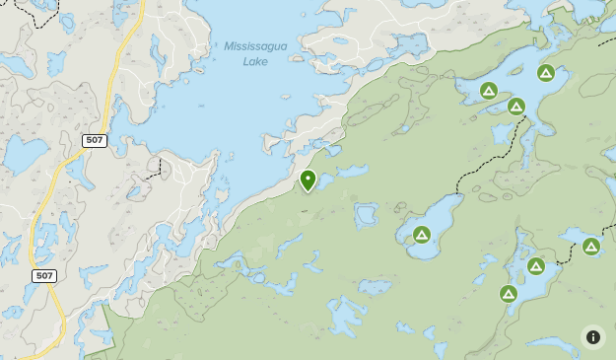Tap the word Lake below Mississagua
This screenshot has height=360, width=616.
coord(255,61)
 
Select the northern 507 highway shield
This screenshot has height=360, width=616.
coord(95,141)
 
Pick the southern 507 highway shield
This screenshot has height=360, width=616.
coord(43,275)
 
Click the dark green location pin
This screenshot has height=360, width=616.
coord(308,180)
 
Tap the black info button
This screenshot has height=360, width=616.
coord(592,337)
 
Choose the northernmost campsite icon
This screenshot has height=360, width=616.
coord(546,72)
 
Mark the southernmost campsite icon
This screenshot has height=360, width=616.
coord(509,293)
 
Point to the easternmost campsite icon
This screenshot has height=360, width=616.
coord(591,247)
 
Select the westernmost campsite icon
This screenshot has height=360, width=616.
coord(422,235)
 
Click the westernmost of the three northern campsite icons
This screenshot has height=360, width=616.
coord(488,91)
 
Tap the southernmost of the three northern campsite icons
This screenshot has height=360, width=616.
coord(516,107)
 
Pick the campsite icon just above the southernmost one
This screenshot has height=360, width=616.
coord(536,266)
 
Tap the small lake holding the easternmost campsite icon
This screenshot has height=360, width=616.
coord(577,236)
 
